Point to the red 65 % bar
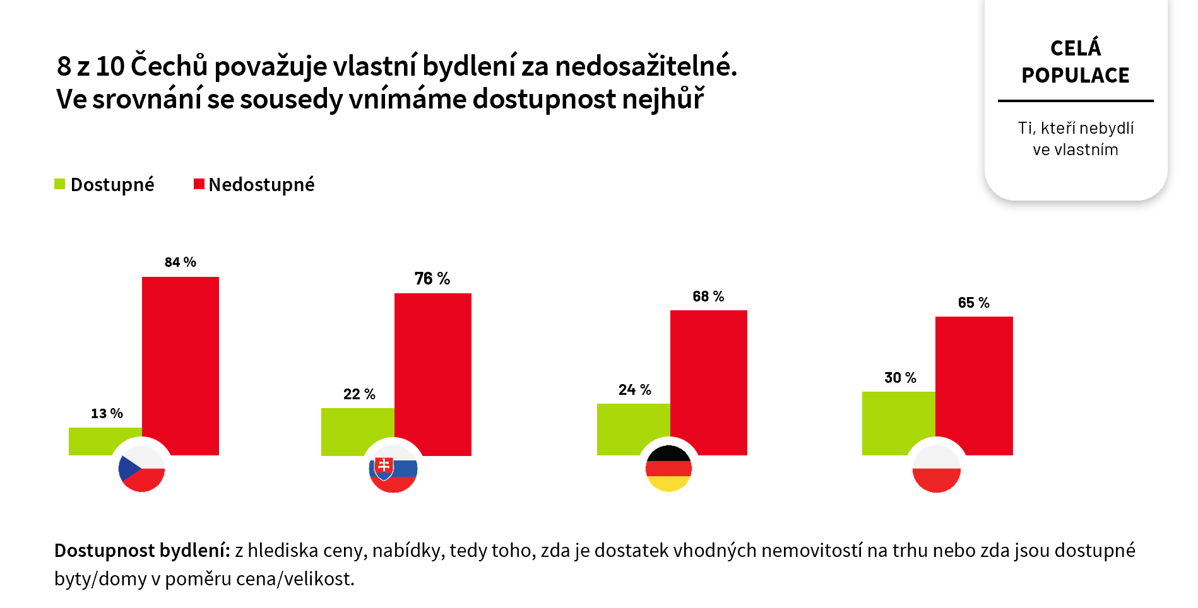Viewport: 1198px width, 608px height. click(974, 378)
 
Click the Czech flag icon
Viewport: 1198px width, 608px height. click(141, 469)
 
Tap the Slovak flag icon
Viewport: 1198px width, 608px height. click(393, 469)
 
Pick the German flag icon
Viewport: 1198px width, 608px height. click(669, 469)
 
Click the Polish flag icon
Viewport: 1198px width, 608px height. click(937, 469)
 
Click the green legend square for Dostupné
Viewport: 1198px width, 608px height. click(60, 184)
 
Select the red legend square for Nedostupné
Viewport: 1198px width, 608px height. click(199, 184)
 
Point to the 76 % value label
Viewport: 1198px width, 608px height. click(432, 279)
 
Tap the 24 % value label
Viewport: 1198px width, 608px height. click(634, 390)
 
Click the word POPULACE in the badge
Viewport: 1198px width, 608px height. click(1076, 76)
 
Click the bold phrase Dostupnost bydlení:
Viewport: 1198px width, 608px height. click(142, 551)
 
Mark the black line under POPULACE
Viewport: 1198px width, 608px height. click(1076, 101)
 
